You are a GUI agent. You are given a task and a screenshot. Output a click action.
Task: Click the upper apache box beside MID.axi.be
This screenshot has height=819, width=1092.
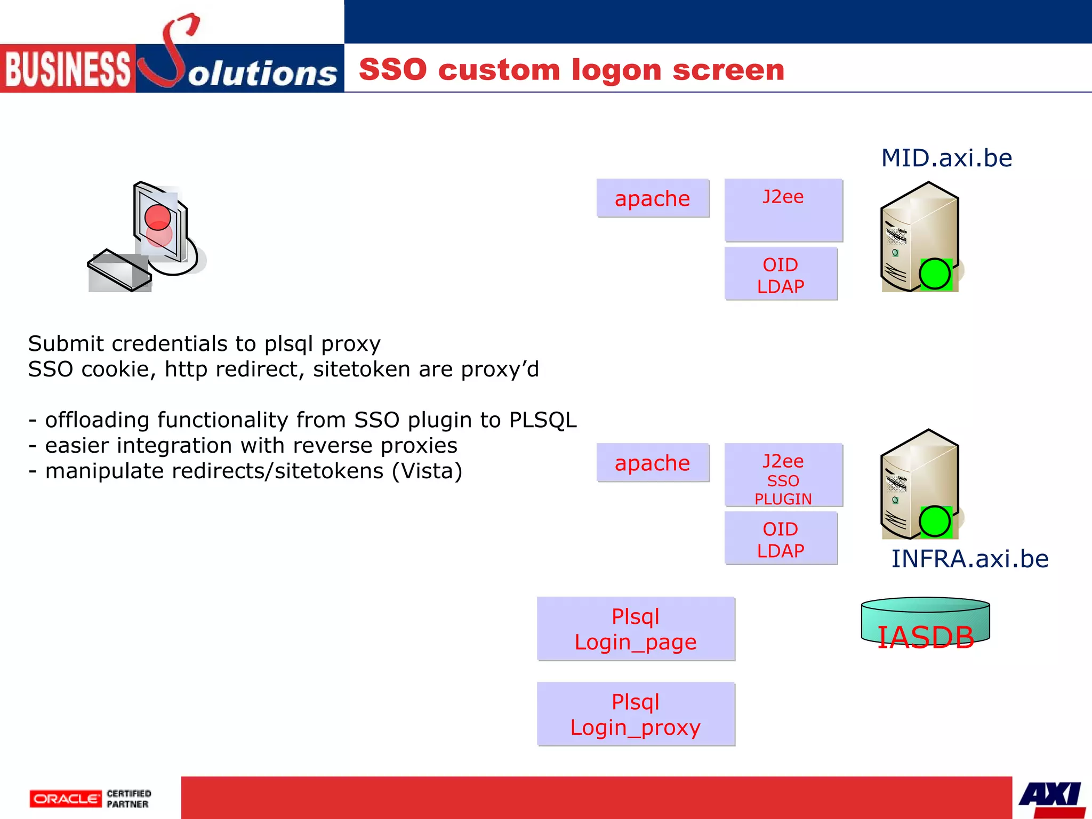pos(653,198)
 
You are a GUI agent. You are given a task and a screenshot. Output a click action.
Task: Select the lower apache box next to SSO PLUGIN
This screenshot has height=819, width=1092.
pos(653,463)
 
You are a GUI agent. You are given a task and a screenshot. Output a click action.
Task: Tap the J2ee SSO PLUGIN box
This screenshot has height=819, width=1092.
pos(783,475)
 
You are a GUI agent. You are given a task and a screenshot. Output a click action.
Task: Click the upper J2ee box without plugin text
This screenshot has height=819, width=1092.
pos(783,210)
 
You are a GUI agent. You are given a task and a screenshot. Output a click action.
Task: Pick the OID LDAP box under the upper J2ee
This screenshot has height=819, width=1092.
pos(781,274)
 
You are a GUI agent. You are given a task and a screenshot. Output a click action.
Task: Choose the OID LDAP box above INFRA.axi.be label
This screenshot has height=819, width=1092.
pos(781,539)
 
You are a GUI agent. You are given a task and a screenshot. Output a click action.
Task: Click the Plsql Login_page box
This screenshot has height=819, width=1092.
pos(636,629)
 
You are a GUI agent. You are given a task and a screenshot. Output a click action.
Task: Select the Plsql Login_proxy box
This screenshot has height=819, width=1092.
pos(636,714)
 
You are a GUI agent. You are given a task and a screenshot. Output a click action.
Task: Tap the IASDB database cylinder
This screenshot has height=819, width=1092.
pos(925,623)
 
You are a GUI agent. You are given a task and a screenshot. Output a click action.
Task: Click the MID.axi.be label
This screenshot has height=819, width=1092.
pos(946,158)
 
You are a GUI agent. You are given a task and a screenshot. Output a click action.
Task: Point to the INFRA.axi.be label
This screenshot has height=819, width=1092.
pos(970,559)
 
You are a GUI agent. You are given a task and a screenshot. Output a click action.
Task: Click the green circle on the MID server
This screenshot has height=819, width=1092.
pos(935,274)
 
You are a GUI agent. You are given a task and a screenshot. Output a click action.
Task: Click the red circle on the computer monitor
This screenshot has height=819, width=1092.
pos(158,218)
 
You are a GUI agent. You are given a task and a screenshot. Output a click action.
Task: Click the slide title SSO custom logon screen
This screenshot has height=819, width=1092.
pos(572,70)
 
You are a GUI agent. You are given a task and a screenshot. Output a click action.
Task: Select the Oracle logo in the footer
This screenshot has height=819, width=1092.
pos(65,799)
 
